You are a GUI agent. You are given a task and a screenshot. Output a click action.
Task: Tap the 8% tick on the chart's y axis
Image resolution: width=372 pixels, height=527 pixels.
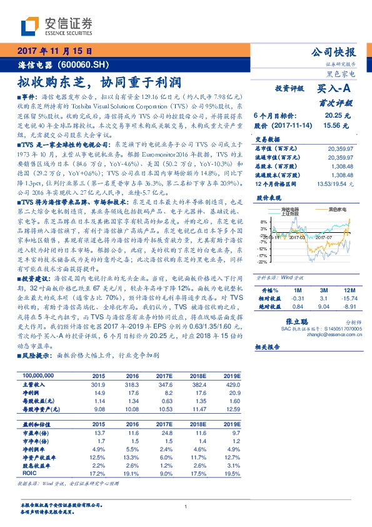tap(264, 222)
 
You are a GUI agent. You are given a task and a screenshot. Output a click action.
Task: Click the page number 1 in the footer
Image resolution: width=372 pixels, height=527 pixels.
tap(186, 506)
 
